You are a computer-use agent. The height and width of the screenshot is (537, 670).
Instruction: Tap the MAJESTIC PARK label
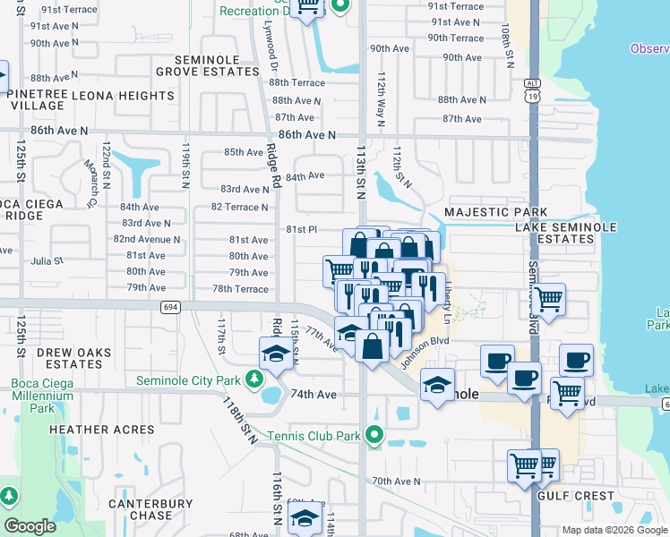495,212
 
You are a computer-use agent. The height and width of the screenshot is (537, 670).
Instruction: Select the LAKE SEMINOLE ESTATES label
566,234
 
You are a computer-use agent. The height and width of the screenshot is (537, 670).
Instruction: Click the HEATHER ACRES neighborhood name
98,430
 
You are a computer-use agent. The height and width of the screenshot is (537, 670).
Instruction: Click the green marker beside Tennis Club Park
374,436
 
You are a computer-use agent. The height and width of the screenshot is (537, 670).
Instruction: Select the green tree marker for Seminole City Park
254,379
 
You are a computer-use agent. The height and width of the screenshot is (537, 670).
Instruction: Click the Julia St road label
47,262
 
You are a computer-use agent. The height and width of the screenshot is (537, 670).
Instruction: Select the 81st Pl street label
302,229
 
